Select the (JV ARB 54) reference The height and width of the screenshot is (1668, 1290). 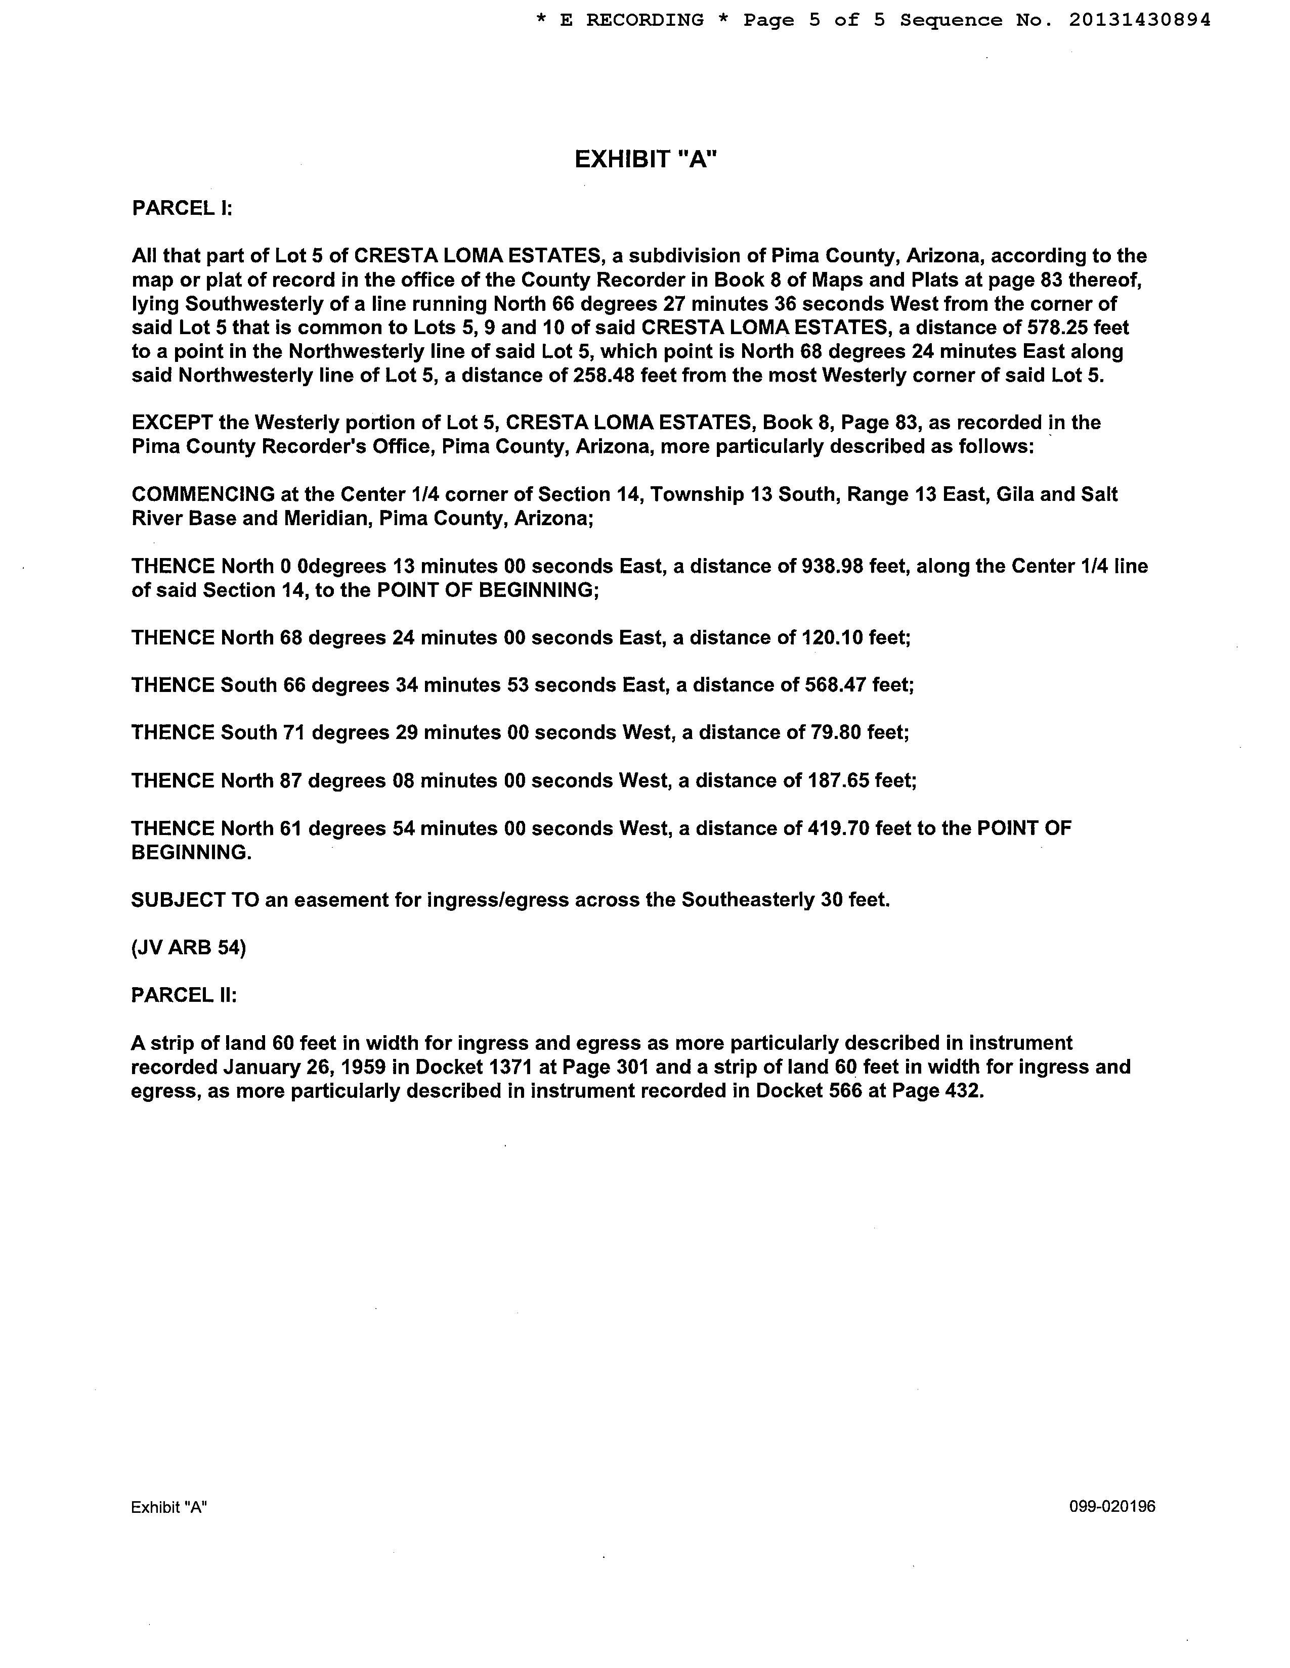click(189, 948)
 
